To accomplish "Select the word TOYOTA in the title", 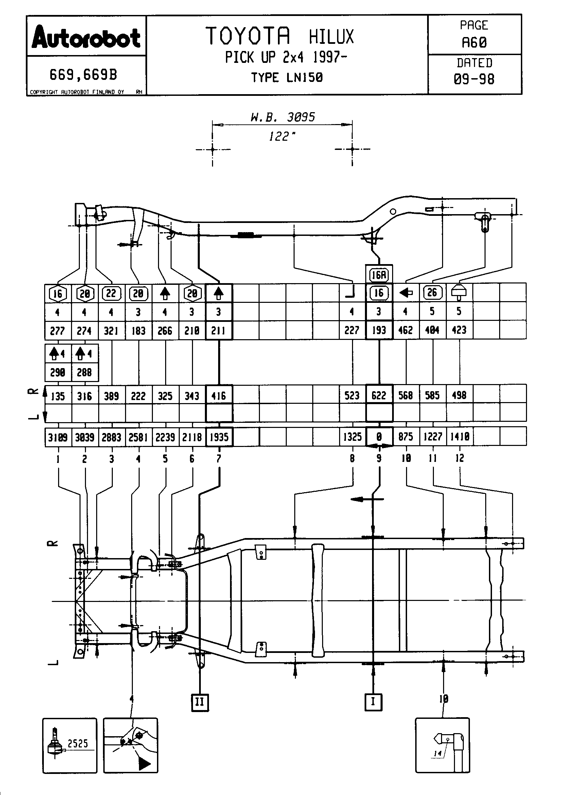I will pos(248,36).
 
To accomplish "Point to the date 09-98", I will pos(474,79).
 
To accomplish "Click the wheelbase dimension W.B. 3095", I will pos(282,117).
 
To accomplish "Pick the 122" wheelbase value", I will pos(282,136).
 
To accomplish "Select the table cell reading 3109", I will pos(58,437).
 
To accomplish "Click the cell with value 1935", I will pos(219,437).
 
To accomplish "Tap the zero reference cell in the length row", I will pos(379,437).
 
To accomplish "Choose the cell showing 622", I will pos(379,395).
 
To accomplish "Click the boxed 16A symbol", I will pos(379,275).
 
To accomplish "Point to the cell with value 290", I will pos(58,373).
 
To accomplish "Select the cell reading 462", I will pos(406,330).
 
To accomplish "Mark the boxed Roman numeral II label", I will pos(200,702).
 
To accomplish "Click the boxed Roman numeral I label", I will pos(373,702).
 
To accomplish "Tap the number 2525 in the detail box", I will pos(77,743).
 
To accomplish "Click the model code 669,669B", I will pos(83,74).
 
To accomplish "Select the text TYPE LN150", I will pos(287,77).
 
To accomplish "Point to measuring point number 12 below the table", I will pos(459,458).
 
